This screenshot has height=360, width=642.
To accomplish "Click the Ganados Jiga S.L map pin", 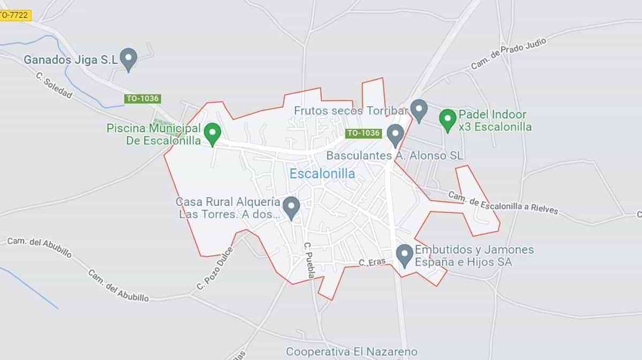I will click(x=128, y=58).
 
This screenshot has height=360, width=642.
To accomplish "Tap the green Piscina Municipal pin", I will click(x=213, y=133).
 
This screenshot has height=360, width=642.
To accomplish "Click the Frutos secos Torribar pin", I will click(x=418, y=109).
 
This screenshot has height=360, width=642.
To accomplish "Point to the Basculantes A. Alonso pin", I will click(x=395, y=134).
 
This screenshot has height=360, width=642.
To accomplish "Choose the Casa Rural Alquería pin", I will click(x=291, y=206).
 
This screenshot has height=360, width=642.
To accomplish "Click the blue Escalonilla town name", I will click(x=322, y=173).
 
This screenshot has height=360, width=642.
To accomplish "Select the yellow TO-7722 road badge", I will click(x=14, y=16).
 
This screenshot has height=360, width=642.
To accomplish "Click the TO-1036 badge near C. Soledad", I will click(x=143, y=99).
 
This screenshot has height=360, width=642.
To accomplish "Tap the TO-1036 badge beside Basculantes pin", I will click(x=363, y=133).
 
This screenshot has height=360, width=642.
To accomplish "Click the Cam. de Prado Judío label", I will click(x=508, y=54).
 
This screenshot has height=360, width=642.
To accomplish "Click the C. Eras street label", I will click(x=372, y=263).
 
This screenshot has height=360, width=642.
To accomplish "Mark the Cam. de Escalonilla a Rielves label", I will click(x=502, y=203).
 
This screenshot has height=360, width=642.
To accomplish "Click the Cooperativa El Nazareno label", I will click(x=351, y=351).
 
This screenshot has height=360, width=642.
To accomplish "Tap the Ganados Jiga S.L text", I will click(x=70, y=60).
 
